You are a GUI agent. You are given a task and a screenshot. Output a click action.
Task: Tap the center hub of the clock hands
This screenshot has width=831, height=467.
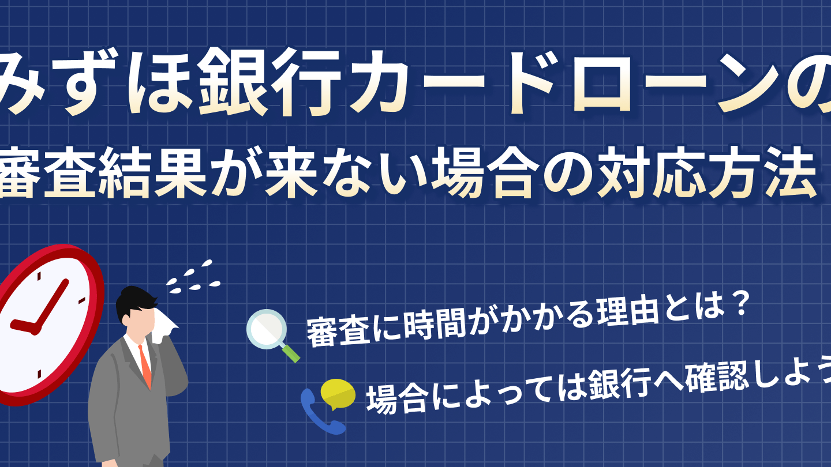[x=35, y=329]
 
